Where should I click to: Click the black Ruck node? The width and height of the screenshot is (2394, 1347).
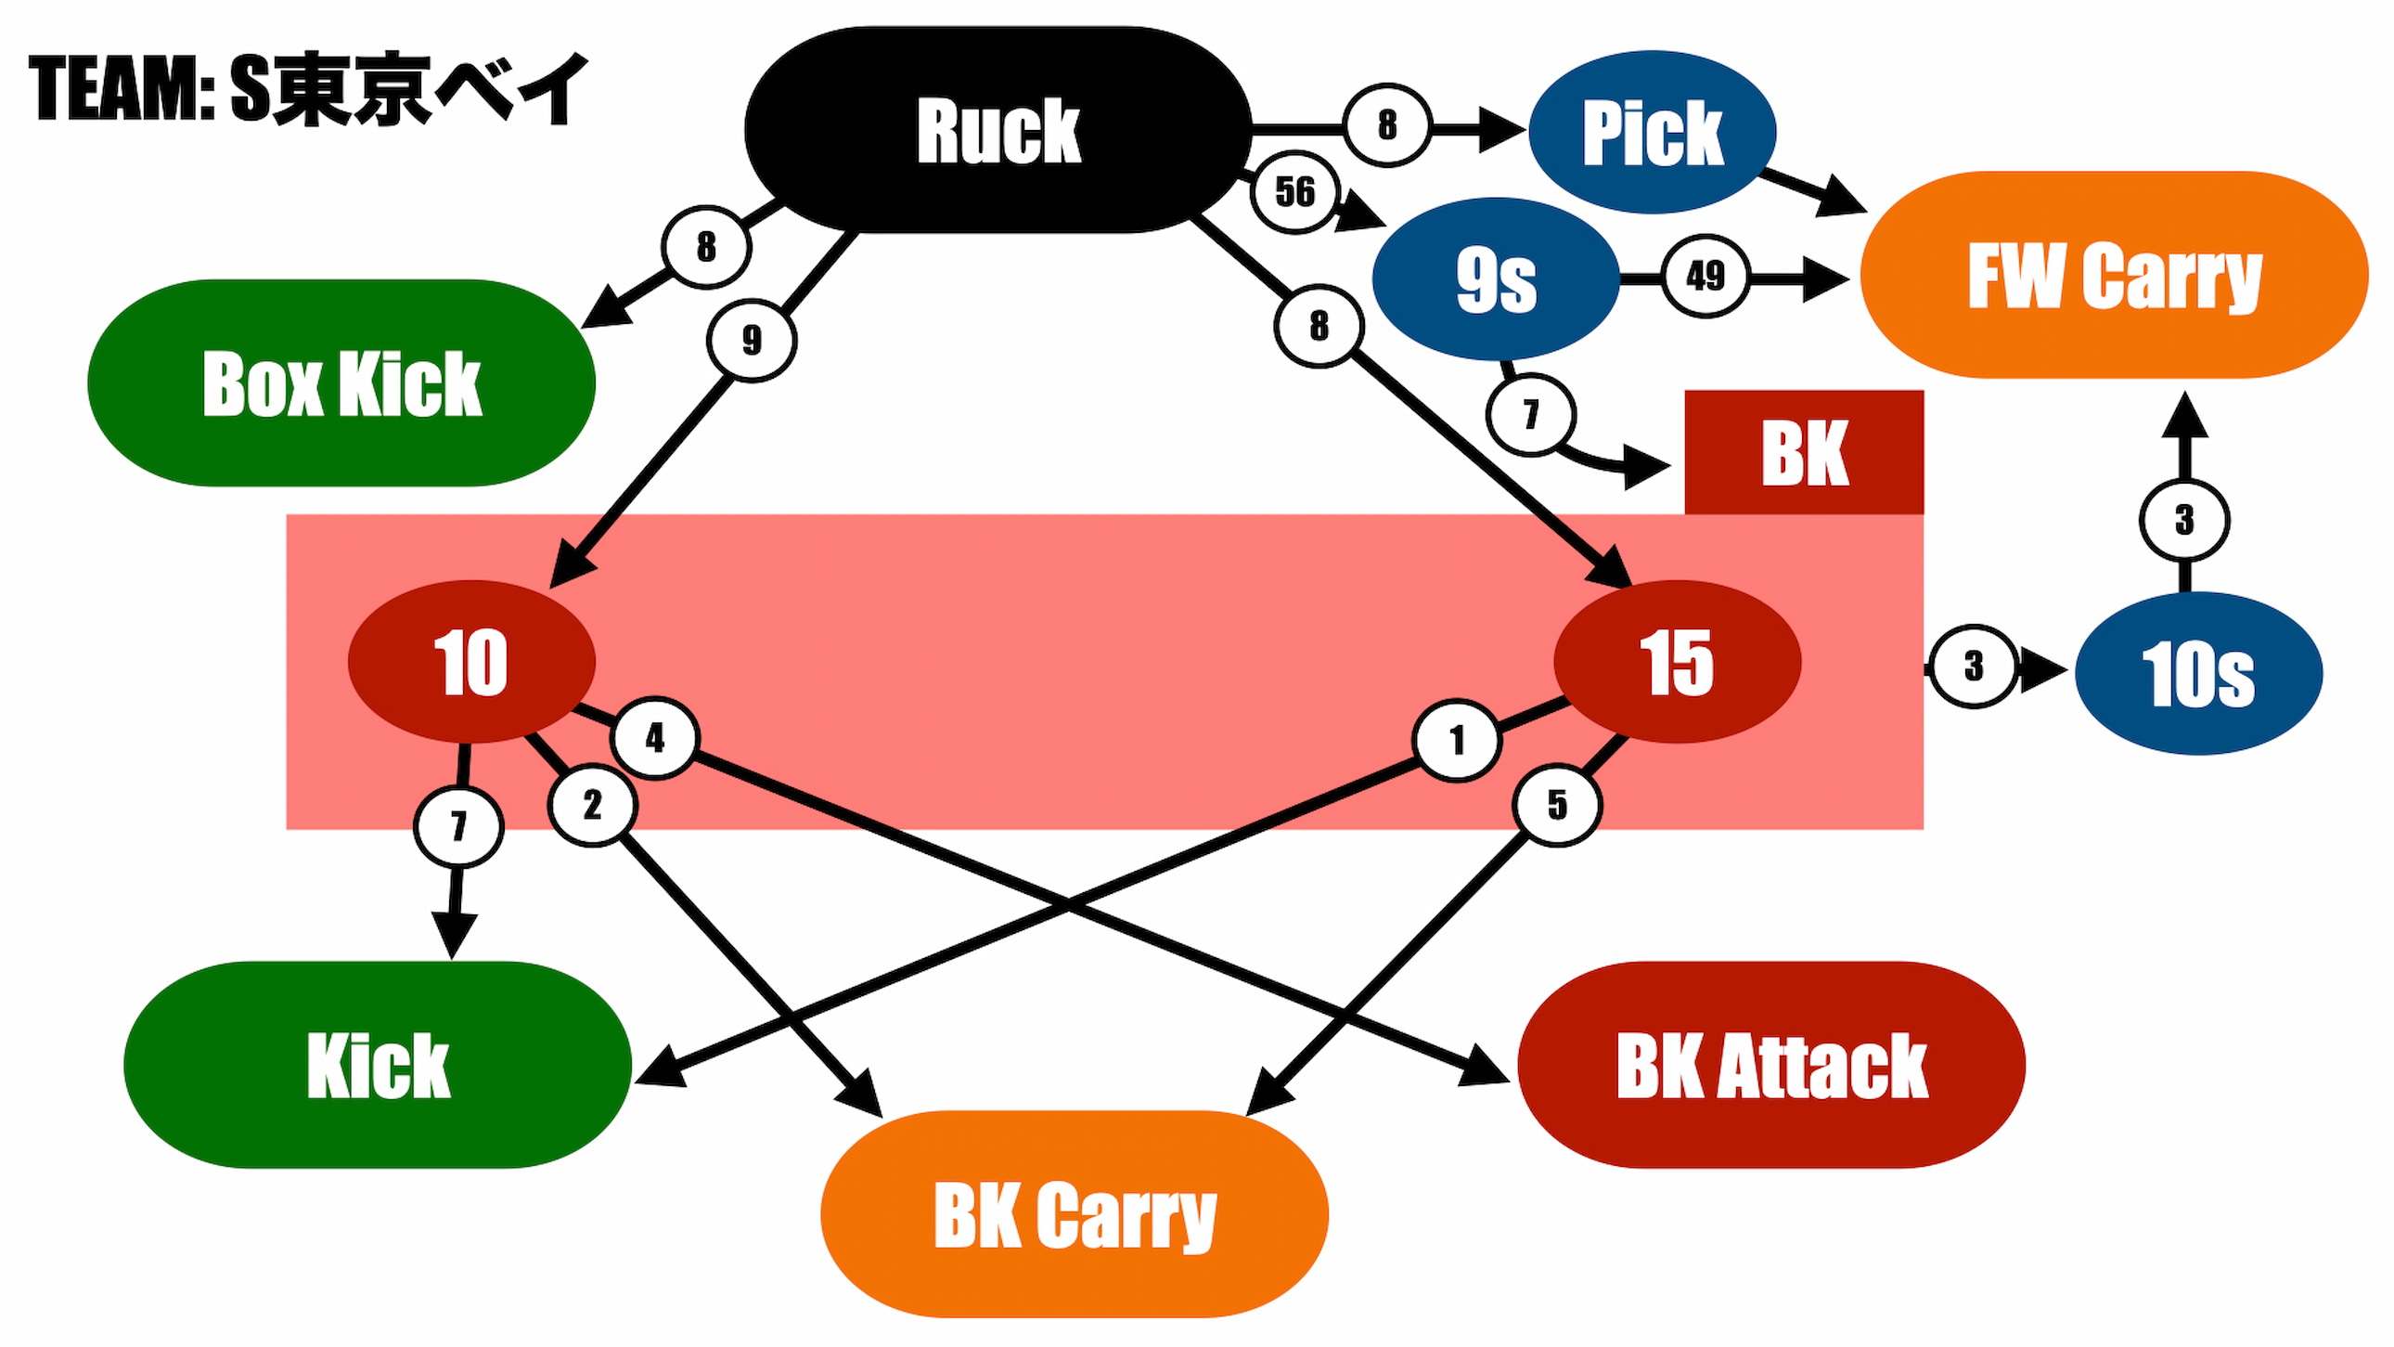[x=998, y=130]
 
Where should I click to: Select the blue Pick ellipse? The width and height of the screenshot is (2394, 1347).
[x=1652, y=132]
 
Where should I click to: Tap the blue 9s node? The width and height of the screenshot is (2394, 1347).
[x=1495, y=278]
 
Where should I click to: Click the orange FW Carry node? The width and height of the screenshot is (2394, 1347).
[x=2114, y=275]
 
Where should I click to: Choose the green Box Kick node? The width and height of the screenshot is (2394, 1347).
[x=341, y=383]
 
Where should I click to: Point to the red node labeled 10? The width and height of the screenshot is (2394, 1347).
[x=471, y=662]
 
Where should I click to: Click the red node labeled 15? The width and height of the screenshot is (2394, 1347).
[x=1677, y=662]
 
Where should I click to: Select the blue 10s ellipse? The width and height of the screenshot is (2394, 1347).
[x=2198, y=674]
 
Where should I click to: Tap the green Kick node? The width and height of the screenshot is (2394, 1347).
[x=378, y=1066]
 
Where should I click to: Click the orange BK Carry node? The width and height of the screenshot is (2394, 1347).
[x=1075, y=1214]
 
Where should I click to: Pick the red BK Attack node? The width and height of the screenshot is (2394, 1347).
[x=1771, y=1066]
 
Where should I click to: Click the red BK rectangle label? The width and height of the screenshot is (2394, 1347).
[x=1804, y=453]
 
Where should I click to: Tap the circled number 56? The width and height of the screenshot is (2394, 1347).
[x=1295, y=192]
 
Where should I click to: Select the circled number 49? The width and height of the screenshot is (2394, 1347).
[x=1705, y=276]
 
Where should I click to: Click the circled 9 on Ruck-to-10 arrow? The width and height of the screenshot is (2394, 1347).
[x=751, y=341]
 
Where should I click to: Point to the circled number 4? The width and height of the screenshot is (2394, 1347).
[x=654, y=738]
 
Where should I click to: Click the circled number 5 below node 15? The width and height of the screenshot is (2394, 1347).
[x=1557, y=805]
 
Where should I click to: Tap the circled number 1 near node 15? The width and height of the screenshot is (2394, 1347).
[x=1455, y=741]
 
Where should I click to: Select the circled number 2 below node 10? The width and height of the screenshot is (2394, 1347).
[x=592, y=805]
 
